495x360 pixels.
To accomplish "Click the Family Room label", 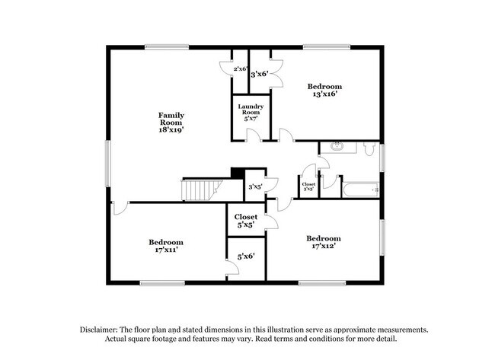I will (x=171, y=119).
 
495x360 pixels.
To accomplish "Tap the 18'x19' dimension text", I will (x=171, y=130).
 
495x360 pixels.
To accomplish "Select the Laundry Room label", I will (x=251, y=110).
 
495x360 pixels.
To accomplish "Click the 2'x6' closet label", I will (x=240, y=69).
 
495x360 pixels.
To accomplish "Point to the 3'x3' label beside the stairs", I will (x=255, y=186).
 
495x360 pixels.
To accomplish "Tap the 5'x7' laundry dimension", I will (x=251, y=118).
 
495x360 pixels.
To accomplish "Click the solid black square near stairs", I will (x=238, y=174).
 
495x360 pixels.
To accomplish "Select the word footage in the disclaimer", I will (x=214, y=339).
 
